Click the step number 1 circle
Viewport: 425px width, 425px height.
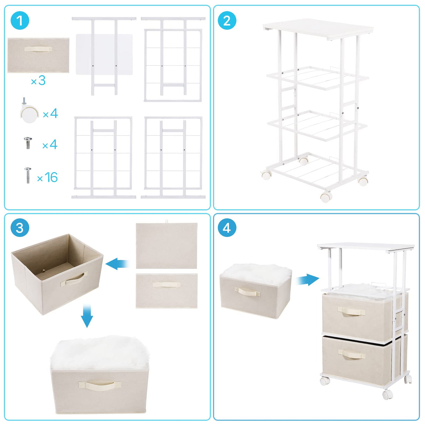pos(20,21)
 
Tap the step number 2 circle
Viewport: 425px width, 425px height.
pos(227,21)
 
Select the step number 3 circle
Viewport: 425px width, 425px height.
pos(20,228)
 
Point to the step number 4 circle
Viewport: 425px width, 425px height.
pos(227,228)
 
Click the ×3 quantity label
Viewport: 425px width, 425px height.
pos(38,81)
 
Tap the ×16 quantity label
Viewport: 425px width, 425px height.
pos(48,177)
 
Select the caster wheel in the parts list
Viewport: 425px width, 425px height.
pos(28,112)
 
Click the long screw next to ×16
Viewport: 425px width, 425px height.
pos(28,175)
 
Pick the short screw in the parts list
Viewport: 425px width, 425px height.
pos(28,143)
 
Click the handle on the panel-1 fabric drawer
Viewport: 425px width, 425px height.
pos(38,49)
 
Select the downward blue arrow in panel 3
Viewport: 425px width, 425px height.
pos(87,315)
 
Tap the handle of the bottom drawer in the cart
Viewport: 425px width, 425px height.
pos(351,355)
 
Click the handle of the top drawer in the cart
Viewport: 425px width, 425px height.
pos(351,311)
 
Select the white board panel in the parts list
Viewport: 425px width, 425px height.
pos(104,54)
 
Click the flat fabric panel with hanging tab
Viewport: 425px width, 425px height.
pos(167,245)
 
